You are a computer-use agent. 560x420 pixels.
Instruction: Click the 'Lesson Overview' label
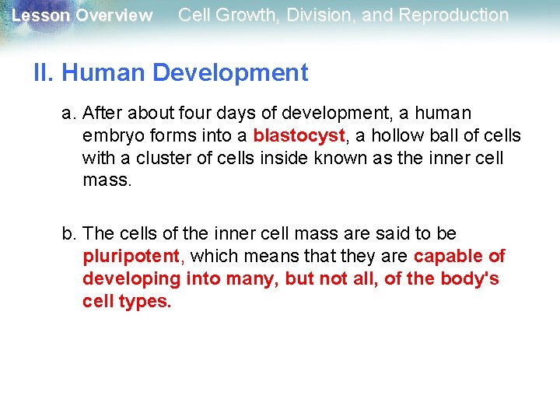(82, 16)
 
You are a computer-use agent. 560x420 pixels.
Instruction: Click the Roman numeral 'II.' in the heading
(44, 73)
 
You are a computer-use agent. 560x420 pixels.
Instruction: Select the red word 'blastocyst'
(299, 135)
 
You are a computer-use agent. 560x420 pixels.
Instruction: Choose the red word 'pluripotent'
(131, 256)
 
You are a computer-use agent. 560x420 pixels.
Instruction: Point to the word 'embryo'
(110, 136)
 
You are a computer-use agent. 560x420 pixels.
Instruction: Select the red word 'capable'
(448, 256)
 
